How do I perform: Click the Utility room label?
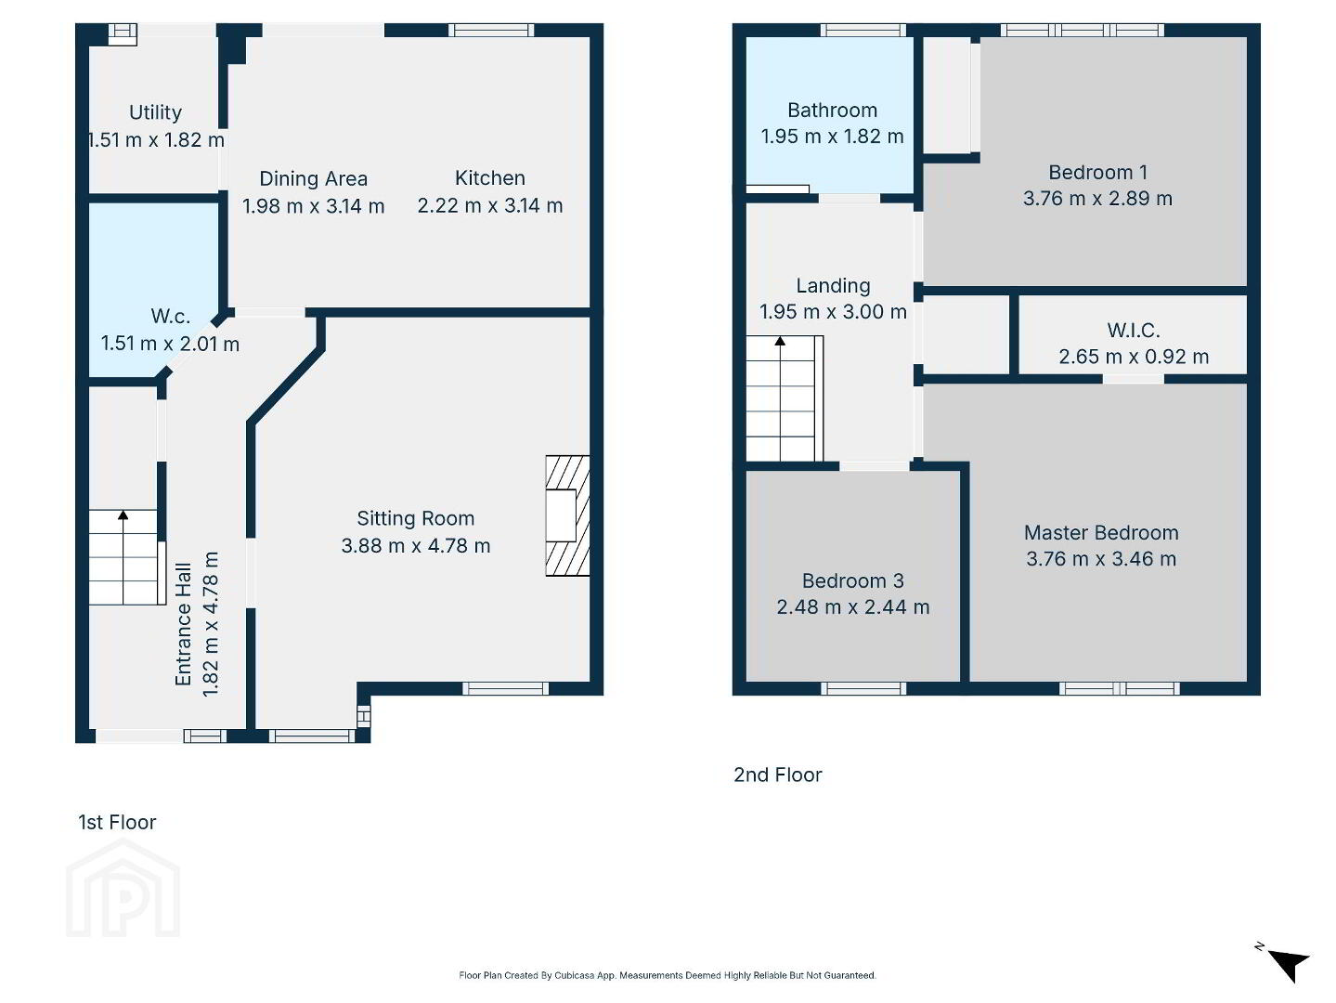pos(155,112)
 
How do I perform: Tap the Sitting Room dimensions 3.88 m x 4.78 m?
pos(416,545)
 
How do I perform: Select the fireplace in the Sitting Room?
pos(567,515)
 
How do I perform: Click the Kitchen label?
pos(490,177)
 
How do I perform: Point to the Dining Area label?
pos(314,178)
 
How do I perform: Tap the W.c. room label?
pos(171,316)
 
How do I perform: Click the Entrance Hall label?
pos(183,624)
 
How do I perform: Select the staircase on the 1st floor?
pos(127,557)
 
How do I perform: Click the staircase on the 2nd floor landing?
pos(785,398)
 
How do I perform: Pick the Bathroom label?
pos(832,111)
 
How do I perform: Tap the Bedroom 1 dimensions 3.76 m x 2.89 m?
pos(1097,199)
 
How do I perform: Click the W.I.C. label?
pos(1134,330)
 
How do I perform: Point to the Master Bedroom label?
pos(1101,532)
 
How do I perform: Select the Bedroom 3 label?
pos(852,580)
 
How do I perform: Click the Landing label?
pos(833,285)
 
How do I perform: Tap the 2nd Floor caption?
pos(777,775)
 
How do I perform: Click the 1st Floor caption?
pos(117,822)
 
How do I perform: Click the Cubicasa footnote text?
pos(668,976)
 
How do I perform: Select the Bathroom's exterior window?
pos(863,30)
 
